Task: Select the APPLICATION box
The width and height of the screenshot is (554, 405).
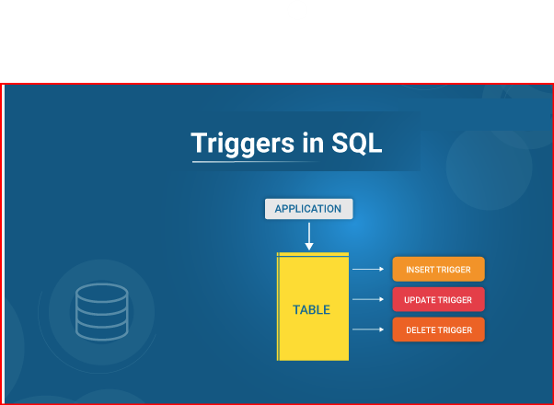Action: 308,209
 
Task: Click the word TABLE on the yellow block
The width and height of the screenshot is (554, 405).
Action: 311,310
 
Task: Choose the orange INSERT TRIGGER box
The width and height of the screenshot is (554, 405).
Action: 438,270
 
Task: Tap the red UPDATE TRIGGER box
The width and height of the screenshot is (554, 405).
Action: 438,300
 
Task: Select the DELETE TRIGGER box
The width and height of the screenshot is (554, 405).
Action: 438,330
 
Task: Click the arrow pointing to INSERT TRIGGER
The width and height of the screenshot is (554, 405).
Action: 368,270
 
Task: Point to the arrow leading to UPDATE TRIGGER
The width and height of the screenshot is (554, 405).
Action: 368,300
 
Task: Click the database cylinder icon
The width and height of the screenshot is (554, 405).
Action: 101,311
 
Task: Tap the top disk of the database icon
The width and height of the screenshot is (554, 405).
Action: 101,294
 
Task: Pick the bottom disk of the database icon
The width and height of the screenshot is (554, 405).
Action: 101,329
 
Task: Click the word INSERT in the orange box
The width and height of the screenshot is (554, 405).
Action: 420,271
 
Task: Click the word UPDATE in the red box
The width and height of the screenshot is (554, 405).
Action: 421,300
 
